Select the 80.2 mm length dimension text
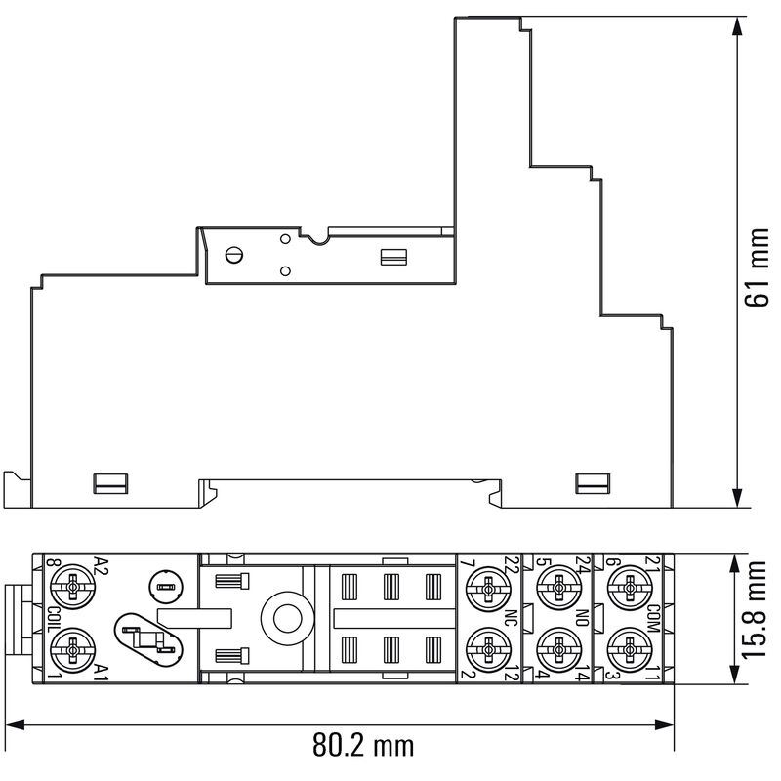click(363, 746)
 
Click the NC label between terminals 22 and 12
click(510, 617)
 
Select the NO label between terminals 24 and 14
click(582, 617)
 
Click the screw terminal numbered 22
click(484, 589)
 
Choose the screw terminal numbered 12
click(484, 645)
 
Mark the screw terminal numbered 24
click(557, 589)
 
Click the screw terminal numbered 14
click(557, 645)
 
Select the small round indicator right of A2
click(164, 588)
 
